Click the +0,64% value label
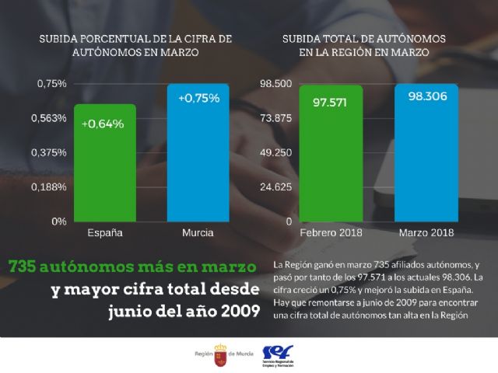coord(102,124)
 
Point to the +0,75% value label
coord(198,99)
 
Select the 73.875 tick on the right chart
coord(275,118)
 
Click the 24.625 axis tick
coord(275,187)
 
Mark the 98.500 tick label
coord(275,84)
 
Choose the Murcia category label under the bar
coord(198,232)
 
